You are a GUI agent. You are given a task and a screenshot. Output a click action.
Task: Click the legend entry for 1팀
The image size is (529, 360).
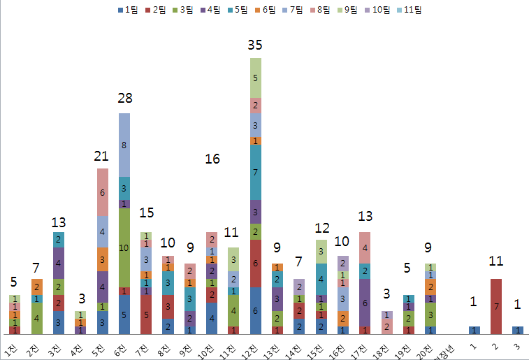coord(130,10)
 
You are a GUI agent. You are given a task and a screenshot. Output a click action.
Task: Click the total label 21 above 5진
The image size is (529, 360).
coord(102,154)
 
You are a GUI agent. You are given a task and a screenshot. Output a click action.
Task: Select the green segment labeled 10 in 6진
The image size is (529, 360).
coord(124,247)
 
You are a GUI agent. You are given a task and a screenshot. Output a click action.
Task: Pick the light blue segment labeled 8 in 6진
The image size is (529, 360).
coord(124,145)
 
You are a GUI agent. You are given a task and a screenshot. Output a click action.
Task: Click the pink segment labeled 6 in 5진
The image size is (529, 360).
coord(102,192)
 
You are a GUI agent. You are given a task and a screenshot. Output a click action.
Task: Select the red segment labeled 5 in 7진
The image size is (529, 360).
coord(146,315)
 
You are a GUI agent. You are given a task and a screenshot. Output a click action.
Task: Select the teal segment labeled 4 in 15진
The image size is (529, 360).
coord(321,278)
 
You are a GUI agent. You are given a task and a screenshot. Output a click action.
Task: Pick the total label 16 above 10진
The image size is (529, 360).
coord(213,159)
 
